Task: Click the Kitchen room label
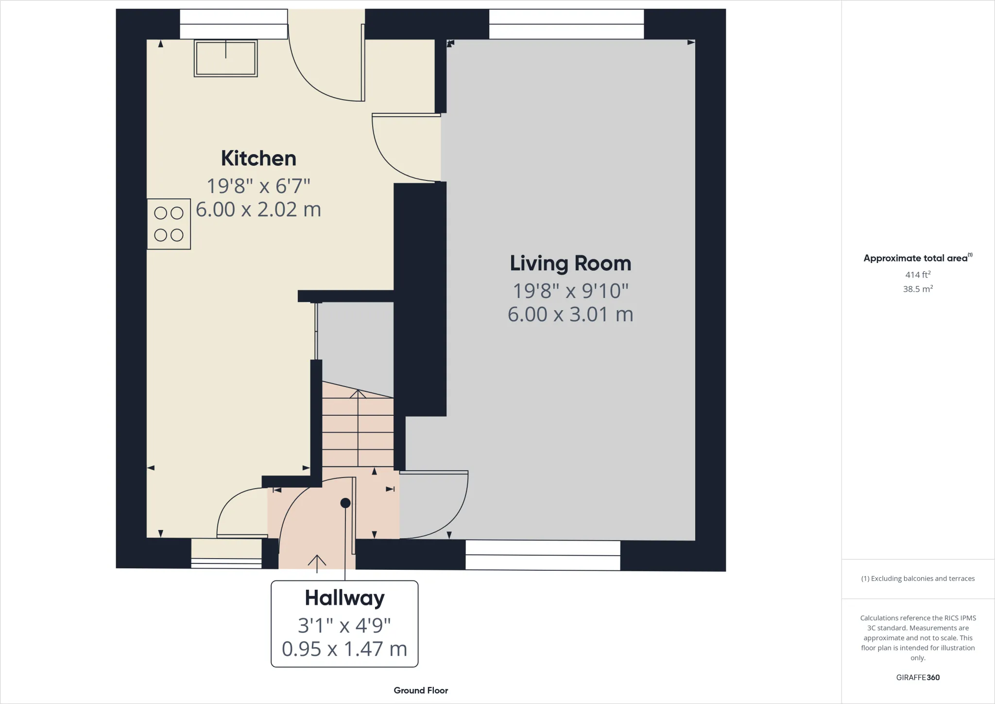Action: (x=258, y=158)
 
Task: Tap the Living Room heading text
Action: (x=570, y=264)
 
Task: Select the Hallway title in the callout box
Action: (x=344, y=598)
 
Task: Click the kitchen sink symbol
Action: (x=225, y=58)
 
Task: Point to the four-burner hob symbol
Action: (x=169, y=224)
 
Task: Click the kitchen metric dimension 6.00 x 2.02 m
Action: (x=258, y=210)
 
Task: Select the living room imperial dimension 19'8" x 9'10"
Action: (x=570, y=291)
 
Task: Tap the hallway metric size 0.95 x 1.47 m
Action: (x=344, y=649)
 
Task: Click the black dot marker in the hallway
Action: (x=345, y=503)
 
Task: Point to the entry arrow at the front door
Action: (x=317, y=563)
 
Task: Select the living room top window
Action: (x=566, y=24)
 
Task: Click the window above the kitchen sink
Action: (x=234, y=24)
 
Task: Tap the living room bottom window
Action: (x=543, y=555)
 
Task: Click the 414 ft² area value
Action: (x=917, y=275)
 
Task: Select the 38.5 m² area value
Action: (x=917, y=289)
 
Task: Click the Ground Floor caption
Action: (x=421, y=690)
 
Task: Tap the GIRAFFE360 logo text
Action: (x=917, y=677)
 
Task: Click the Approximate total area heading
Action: (x=915, y=258)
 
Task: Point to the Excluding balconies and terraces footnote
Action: (x=917, y=579)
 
